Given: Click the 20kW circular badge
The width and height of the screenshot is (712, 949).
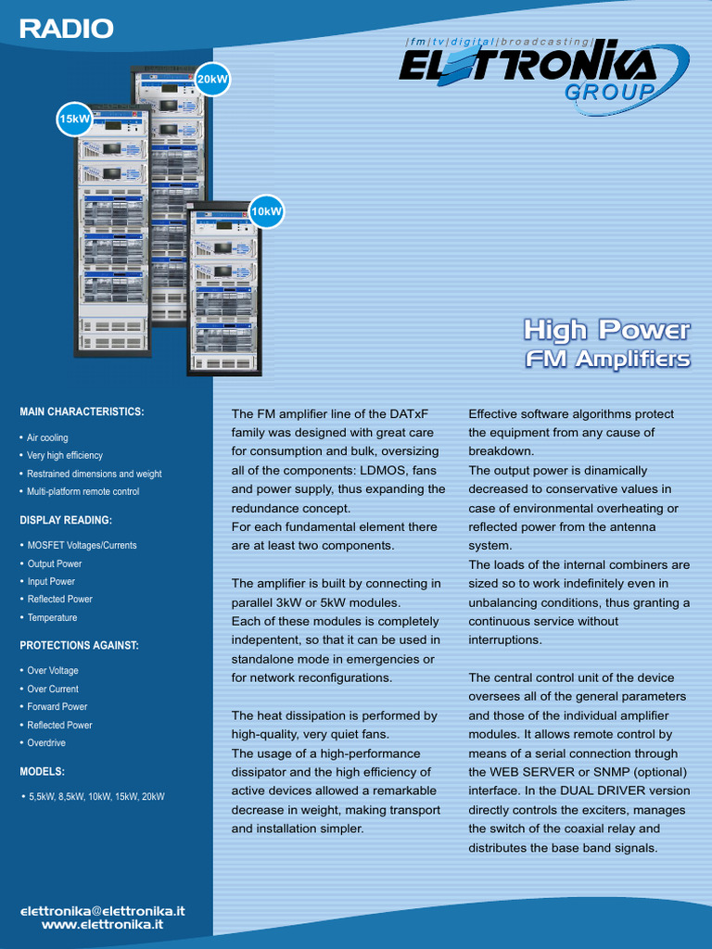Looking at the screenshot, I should [x=211, y=80].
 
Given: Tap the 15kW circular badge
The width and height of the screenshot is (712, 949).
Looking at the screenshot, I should [x=74, y=119].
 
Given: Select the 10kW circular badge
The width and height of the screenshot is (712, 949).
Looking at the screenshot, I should [x=266, y=211].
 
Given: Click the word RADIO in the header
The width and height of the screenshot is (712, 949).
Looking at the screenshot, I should [x=67, y=30].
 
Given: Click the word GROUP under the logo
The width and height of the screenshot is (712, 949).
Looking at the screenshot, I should [x=610, y=92].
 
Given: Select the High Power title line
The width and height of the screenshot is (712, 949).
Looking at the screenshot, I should [x=606, y=329].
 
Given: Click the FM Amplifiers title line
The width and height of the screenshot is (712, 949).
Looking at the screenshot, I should [x=607, y=359].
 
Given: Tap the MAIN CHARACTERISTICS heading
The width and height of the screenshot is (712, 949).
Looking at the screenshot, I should [x=82, y=411].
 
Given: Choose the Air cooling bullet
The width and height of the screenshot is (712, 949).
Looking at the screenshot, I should [x=47, y=437].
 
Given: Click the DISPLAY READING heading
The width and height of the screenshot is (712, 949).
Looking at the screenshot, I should [x=66, y=520].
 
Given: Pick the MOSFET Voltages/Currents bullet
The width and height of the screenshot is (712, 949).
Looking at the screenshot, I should [x=82, y=545].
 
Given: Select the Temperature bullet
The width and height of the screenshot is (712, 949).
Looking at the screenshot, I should [x=52, y=617].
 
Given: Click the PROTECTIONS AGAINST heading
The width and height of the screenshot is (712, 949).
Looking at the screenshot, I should [x=79, y=645].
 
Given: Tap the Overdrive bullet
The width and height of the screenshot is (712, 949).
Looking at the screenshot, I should [x=46, y=742].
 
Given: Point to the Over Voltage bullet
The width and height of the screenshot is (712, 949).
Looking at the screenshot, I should [x=53, y=670].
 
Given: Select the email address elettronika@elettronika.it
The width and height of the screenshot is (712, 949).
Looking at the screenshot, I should [x=103, y=911].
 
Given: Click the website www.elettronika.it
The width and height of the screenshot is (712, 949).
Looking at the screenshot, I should [x=103, y=924].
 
